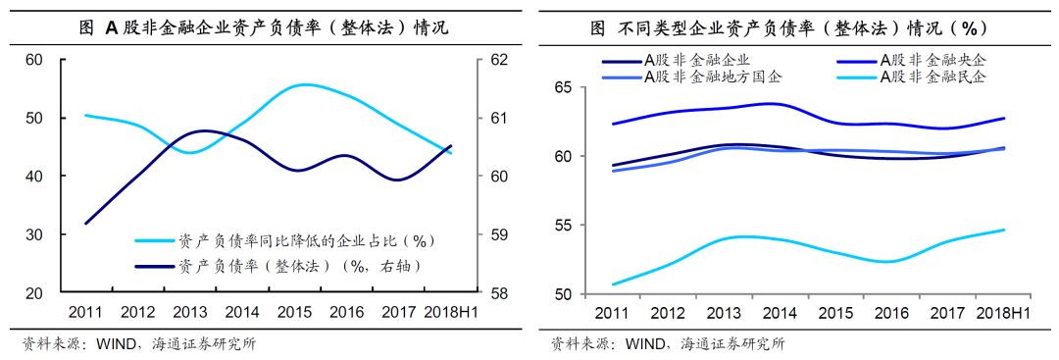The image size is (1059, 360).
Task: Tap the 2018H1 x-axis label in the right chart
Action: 996,312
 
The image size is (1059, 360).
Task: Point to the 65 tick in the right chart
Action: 561,87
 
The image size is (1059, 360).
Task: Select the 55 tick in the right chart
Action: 561,226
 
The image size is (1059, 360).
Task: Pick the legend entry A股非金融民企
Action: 932,77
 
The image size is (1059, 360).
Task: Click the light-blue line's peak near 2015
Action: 306,84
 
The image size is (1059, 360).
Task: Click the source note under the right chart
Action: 667,343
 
